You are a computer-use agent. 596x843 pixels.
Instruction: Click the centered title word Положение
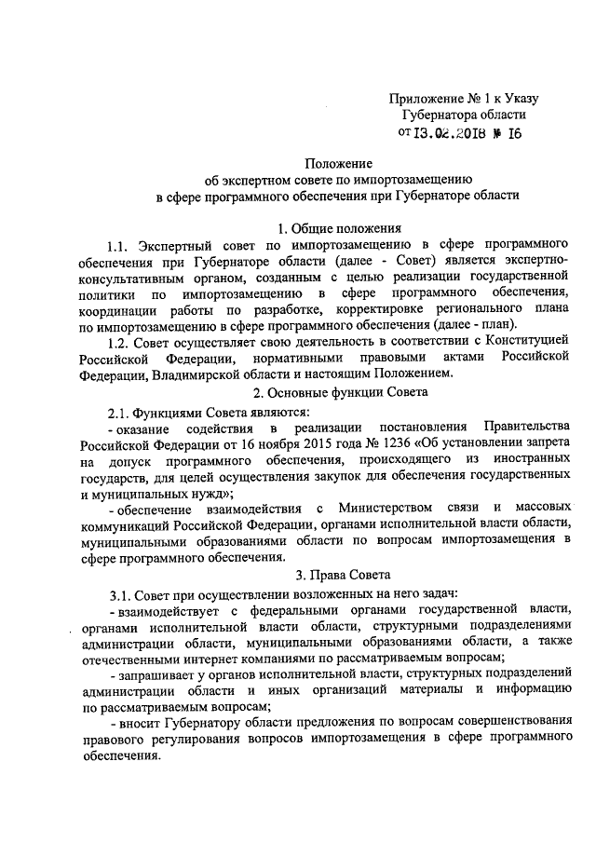pos(337,160)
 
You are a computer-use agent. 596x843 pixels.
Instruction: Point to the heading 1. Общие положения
pos(337,227)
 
